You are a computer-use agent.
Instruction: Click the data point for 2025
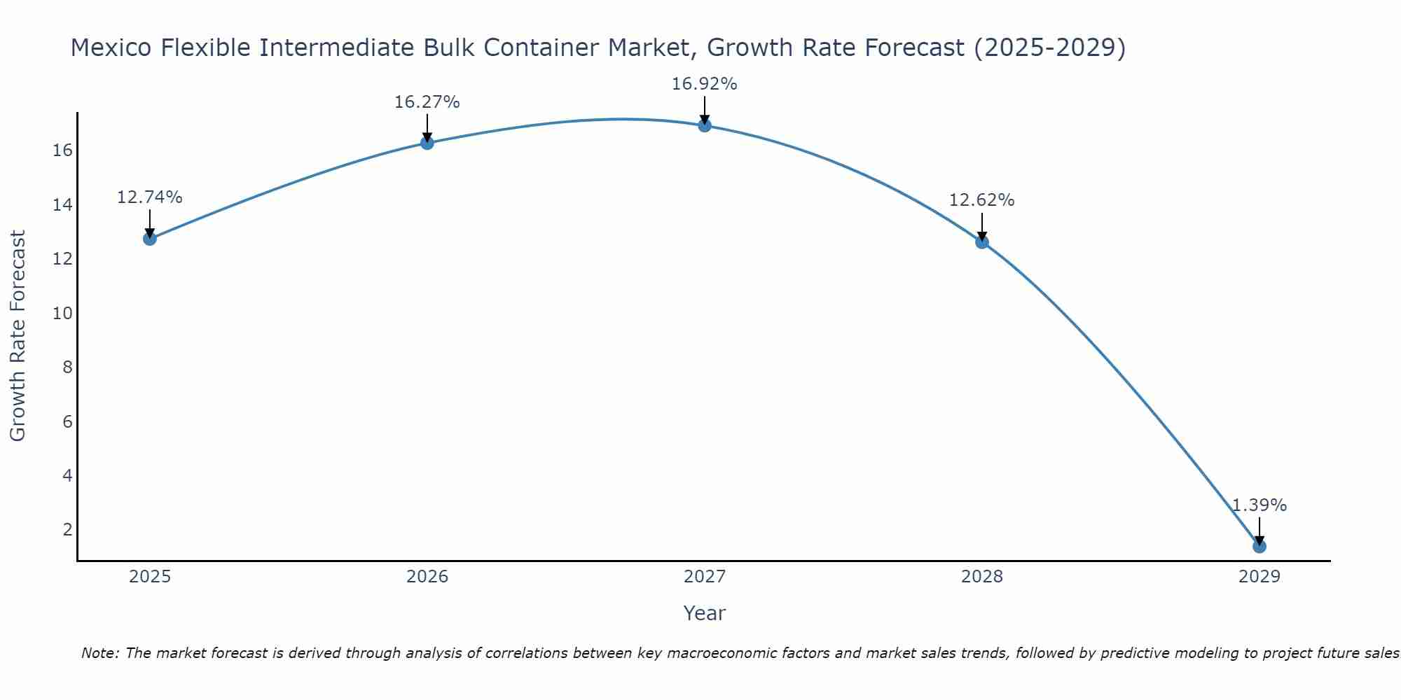[150, 239]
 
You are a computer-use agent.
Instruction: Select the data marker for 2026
[427, 143]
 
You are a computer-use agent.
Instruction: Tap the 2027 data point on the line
[705, 125]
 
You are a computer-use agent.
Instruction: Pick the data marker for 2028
[982, 242]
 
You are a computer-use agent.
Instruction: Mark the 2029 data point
[1259, 546]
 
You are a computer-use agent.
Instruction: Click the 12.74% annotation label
[149, 197]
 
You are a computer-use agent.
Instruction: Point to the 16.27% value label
[427, 102]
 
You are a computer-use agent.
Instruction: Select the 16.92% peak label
[704, 84]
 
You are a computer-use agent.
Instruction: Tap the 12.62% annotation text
[981, 200]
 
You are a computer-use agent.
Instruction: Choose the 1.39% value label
[1259, 505]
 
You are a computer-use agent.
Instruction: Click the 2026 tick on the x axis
[427, 577]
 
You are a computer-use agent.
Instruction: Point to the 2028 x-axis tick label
[982, 577]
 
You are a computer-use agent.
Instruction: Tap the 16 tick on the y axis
[63, 150]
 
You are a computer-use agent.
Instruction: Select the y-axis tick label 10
[63, 313]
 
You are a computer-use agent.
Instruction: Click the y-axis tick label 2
[68, 529]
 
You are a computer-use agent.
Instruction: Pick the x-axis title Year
[704, 613]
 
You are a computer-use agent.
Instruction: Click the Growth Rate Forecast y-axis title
[18, 336]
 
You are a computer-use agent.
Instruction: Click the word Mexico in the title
[112, 48]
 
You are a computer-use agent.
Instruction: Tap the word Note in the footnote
[100, 653]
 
